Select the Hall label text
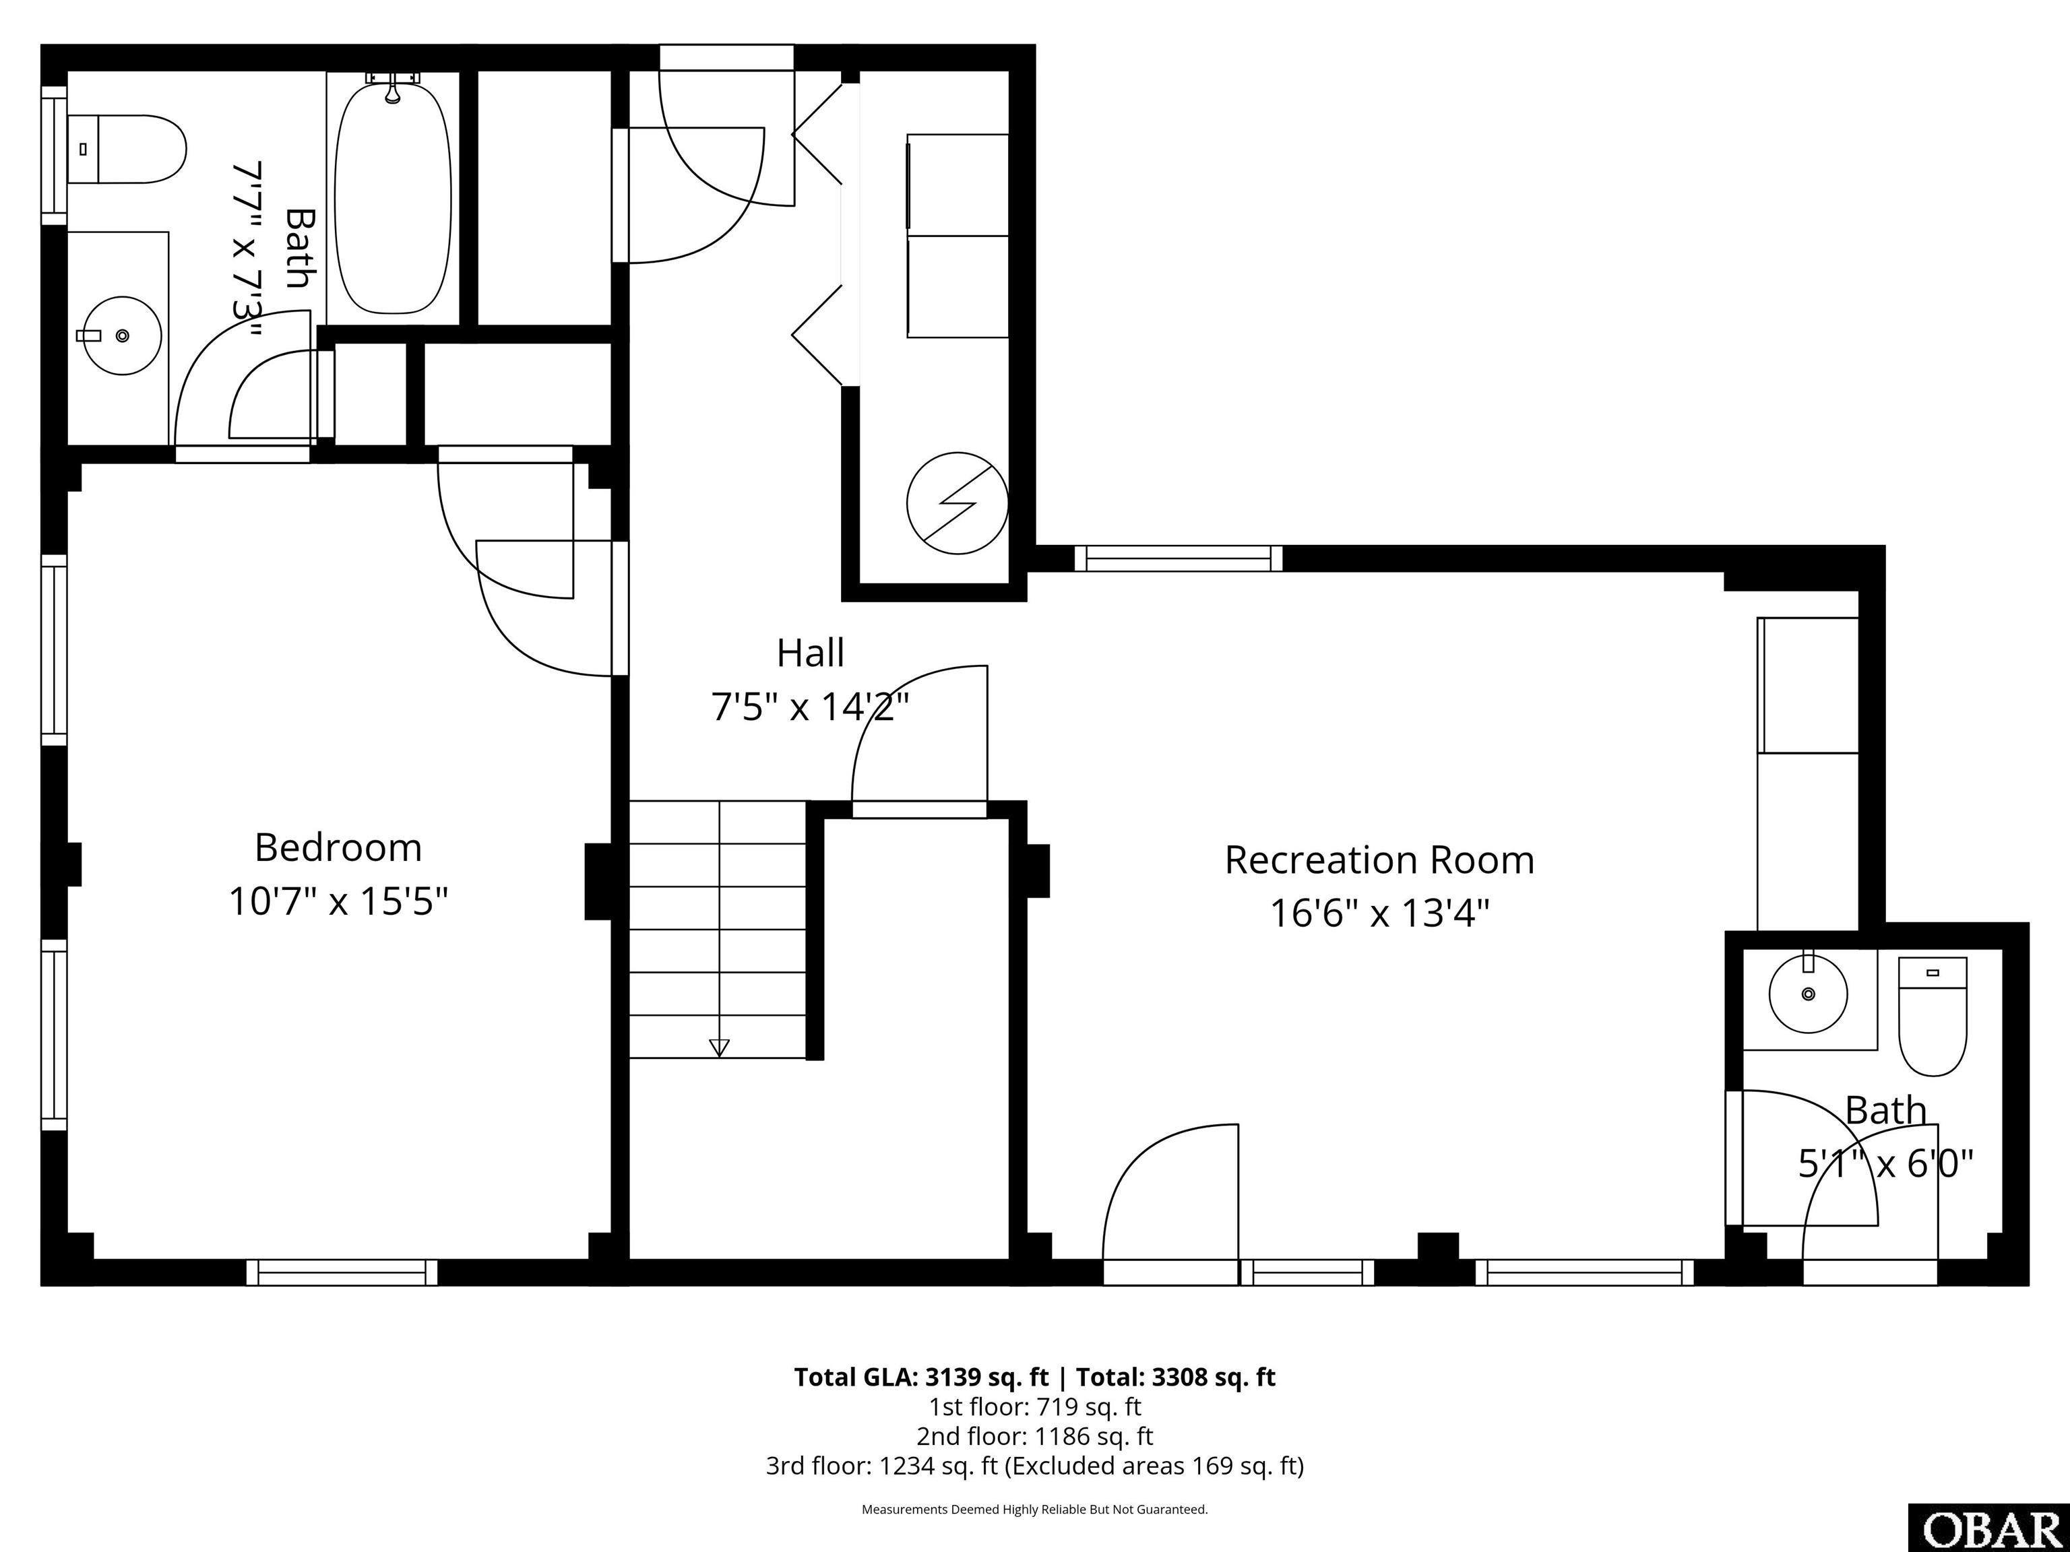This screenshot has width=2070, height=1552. pos(811,653)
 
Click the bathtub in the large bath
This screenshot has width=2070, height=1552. pos(393,197)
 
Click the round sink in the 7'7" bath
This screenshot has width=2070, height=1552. pos(123,336)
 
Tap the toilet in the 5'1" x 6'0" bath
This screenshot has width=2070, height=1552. pos(1933,1016)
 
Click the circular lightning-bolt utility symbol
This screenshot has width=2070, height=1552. pos(958,503)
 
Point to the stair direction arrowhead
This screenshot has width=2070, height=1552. pos(719,1047)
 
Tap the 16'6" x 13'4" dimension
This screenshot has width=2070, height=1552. pos(1379,913)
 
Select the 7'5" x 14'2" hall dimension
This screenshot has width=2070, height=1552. pos(811,707)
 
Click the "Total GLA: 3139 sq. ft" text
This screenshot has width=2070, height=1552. pos(922,1377)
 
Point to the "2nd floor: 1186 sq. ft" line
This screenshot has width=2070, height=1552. pos(1035,1436)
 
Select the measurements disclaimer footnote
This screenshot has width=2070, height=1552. pos(1035,1509)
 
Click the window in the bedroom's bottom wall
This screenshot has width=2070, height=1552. pos(342,1272)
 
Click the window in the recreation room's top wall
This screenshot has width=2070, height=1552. pos(1178,558)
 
